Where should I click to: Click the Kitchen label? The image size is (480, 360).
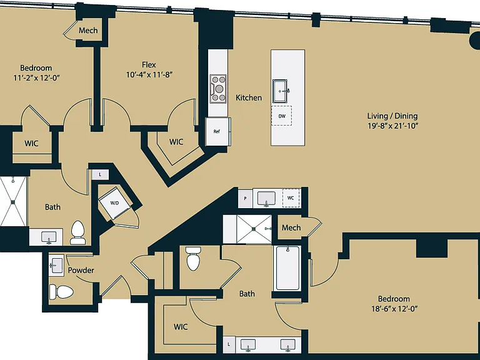coord(249,97)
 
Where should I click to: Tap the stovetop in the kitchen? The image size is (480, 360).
coord(218,89)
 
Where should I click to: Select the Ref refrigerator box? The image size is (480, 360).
coord(217,132)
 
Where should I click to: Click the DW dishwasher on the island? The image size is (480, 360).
coord(282,116)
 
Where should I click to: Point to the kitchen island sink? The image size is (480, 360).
coord(280,91)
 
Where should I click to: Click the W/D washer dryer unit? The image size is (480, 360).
coord(115,203)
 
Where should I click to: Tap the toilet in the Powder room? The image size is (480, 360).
coord(61,292)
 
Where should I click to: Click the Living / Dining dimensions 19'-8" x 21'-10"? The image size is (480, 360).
coord(392,126)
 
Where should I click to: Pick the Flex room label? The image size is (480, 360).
coord(149,64)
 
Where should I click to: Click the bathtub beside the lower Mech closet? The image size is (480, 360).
coord(287,268)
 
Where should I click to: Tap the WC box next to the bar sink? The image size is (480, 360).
coord(291,198)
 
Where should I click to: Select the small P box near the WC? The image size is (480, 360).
coord(245,198)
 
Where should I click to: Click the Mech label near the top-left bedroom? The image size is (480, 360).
coord(88,30)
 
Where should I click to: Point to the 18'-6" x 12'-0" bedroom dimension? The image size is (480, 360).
coord(394,308)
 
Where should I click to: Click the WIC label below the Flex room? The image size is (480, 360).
coord(176,142)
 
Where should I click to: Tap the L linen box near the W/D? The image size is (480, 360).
coord(100,174)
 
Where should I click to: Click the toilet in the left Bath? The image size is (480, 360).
coord(77,232)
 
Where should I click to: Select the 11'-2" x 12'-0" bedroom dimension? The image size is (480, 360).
coord(36,77)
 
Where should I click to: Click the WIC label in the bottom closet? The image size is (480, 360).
coord(181,327)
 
